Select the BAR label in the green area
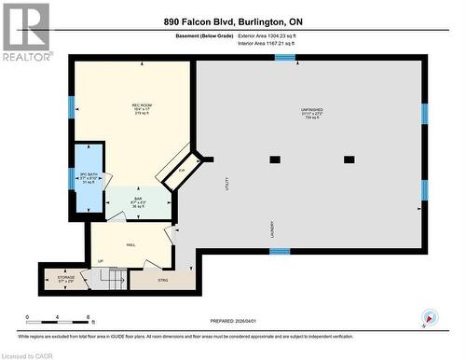(x=137, y=199)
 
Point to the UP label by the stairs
(x=100, y=261)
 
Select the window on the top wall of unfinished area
(x=285, y=58)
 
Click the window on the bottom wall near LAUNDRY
(x=280, y=251)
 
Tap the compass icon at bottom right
(x=428, y=317)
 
